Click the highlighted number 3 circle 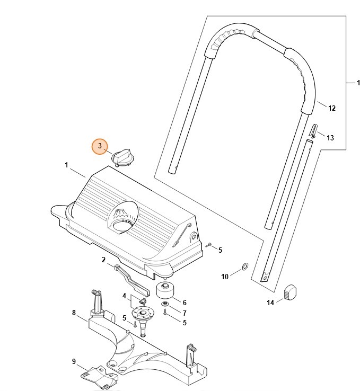point(100,147)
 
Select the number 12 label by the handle point(332,109)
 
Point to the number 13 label point(330,138)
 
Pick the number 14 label point(270,303)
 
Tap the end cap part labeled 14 point(291,292)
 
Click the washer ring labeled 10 point(244,265)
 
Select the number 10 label point(225,277)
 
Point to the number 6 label point(185,303)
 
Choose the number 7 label point(185,313)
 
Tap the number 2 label point(104,260)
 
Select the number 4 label point(125,296)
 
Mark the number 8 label point(74,313)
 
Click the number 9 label point(74,361)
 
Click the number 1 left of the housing point(67,165)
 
